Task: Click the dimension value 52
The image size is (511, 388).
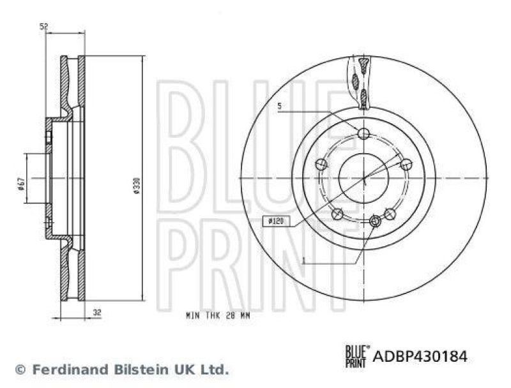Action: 43,26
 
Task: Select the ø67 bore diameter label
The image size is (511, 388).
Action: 21,184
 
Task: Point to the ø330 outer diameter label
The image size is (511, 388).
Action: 135,185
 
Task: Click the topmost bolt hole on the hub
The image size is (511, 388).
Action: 364,133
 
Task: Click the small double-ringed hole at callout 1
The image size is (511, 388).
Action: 376,221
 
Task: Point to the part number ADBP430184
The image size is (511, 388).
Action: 420,356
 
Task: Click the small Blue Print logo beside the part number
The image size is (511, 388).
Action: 356,355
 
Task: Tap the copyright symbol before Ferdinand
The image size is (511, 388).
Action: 20,369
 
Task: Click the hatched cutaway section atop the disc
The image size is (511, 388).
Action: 361,80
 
